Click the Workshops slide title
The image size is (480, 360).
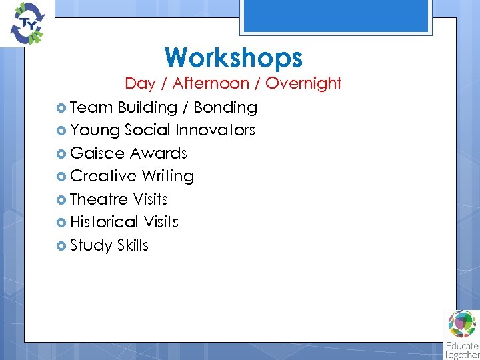pos(233,57)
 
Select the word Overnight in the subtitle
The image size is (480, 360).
pos(305,83)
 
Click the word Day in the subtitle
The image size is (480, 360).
pos(140,83)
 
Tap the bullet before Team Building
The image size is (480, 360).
pos(61,107)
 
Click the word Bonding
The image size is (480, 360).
pos(225,107)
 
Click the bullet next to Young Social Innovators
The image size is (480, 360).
pos(61,131)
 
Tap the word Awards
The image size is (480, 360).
pos(159,153)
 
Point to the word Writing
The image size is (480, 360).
pos(168,177)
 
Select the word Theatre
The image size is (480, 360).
pos(99,199)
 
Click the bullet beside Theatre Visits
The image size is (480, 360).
pos(61,199)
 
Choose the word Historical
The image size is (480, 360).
pos(104,222)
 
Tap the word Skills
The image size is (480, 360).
pos(133,245)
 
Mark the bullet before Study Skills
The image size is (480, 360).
pos(61,245)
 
